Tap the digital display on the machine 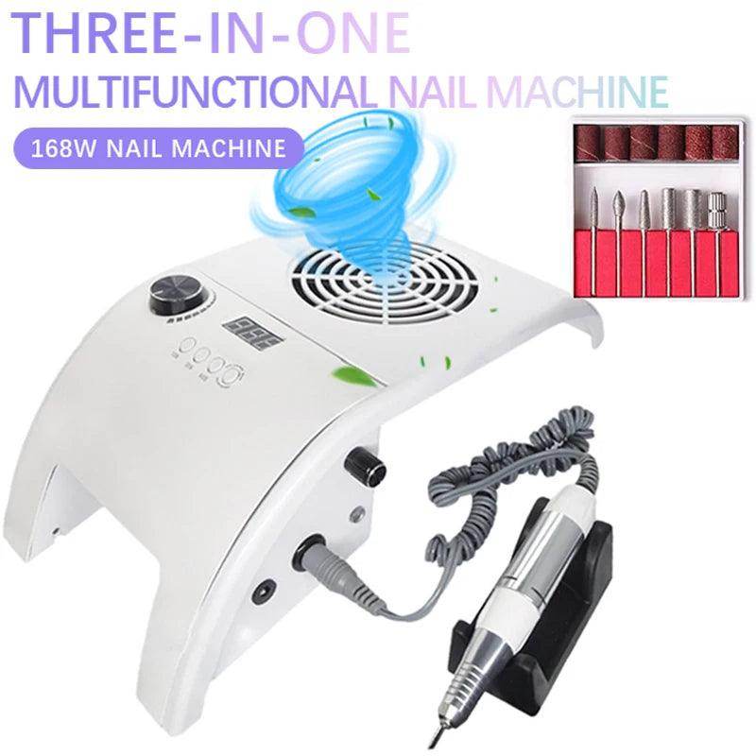244,333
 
